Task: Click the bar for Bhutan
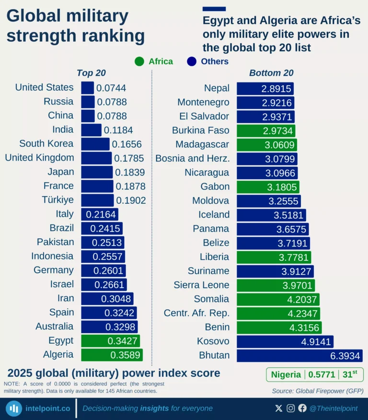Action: tap(299, 355)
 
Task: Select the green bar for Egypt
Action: tap(111, 341)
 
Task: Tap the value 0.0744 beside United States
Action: tap(111, 88)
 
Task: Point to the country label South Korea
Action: tap(46, 143)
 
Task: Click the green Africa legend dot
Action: tap(139, 61)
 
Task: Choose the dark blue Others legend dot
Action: tap(192, 61)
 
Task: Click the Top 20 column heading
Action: tap(91, 73)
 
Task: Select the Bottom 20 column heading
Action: tap(271, 73)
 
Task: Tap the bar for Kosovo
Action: tap(285, 341)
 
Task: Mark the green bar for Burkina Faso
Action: tap(266, 130)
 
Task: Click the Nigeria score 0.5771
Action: tap(322, 374)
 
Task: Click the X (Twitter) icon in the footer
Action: tap(279, 408)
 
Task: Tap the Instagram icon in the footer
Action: tap(291, 408)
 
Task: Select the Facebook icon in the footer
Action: tap(302, 408)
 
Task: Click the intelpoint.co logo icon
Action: tap(14, 408)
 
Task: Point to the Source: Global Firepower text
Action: tap(317, 391)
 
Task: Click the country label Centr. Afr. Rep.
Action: tap(196, 313)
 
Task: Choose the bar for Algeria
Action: tap(112, 355)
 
